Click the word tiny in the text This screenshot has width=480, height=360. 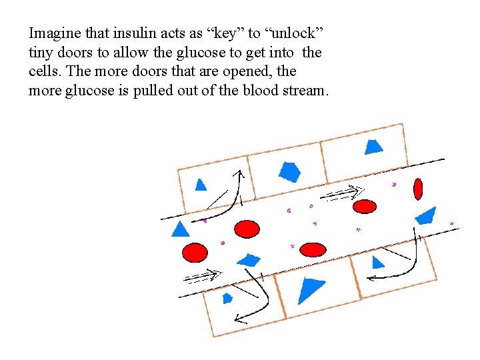(41, 52)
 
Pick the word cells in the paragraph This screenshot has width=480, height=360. (43, 71)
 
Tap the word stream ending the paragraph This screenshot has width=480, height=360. (303, 91)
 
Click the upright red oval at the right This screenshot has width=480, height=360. (418, 189)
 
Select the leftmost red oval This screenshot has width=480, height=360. (195, 253)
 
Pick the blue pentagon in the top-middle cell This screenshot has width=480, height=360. (289, 171)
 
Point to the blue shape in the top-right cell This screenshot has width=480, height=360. (373, 146)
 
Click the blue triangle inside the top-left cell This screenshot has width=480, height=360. (201, 185)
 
